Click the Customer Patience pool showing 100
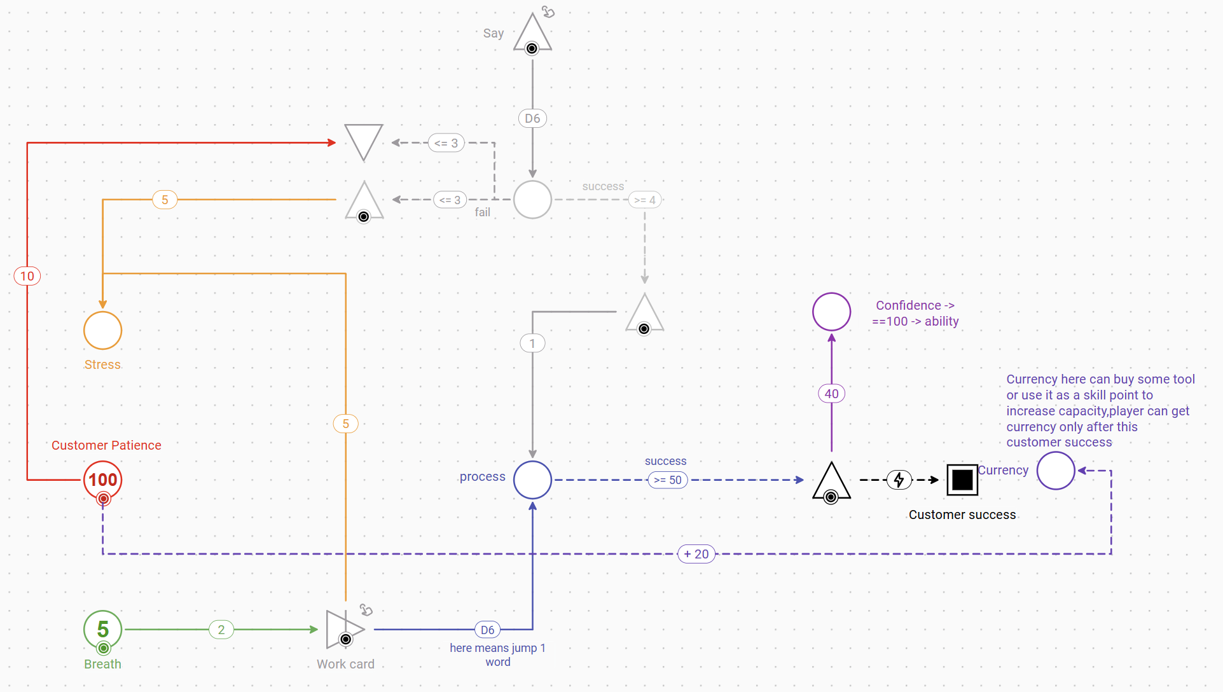pos(102,480)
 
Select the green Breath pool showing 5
pos(102,629)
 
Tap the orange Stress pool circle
pos(102,330)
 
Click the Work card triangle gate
pos(343,630)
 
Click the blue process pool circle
pos(532,480)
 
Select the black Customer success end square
pos(962,480)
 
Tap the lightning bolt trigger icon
pos(899,480)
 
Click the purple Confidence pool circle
pos(831,312)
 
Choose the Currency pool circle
pos(1055,471)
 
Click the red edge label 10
pos(27,276)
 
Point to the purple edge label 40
pos(831,394)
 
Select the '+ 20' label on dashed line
pos(696,554)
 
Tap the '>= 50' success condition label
pos(667,480)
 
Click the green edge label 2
pos(221,630)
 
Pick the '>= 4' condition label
pos(645,200)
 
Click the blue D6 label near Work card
pos(487,630)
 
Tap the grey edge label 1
pos(532,343)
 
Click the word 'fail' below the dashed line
pos(482,212)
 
